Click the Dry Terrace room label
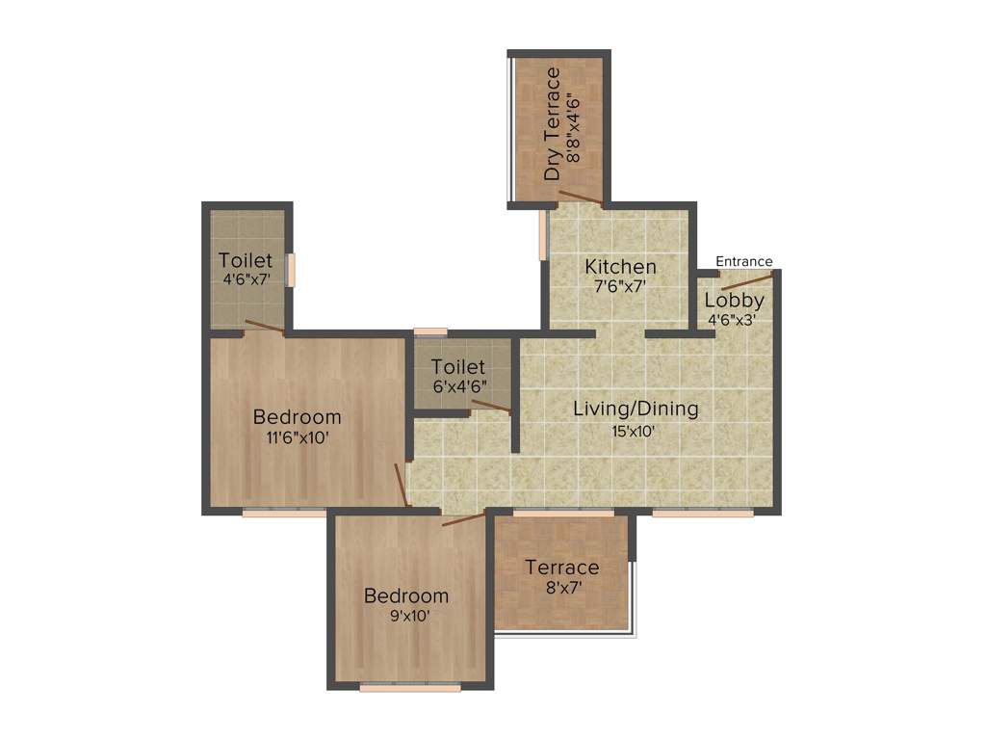point(553,124)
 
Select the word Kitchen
point(621,266)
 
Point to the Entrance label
point(743,261)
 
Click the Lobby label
point(734,300)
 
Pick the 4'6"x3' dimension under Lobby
point(734,319)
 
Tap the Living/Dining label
point(636,409)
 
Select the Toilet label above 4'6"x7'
point(246,260)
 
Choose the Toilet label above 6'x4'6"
point(458,367)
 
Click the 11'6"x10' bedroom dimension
point(298,436)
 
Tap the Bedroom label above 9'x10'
point(406,595)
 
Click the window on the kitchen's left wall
point(543,234)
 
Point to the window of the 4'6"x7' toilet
point(290,270)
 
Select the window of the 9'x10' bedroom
point(409,688)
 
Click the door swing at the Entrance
point(745,280)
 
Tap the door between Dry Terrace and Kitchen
point(581,198)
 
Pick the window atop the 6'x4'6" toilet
point(430,332)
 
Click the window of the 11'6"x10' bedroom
point(284,513)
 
